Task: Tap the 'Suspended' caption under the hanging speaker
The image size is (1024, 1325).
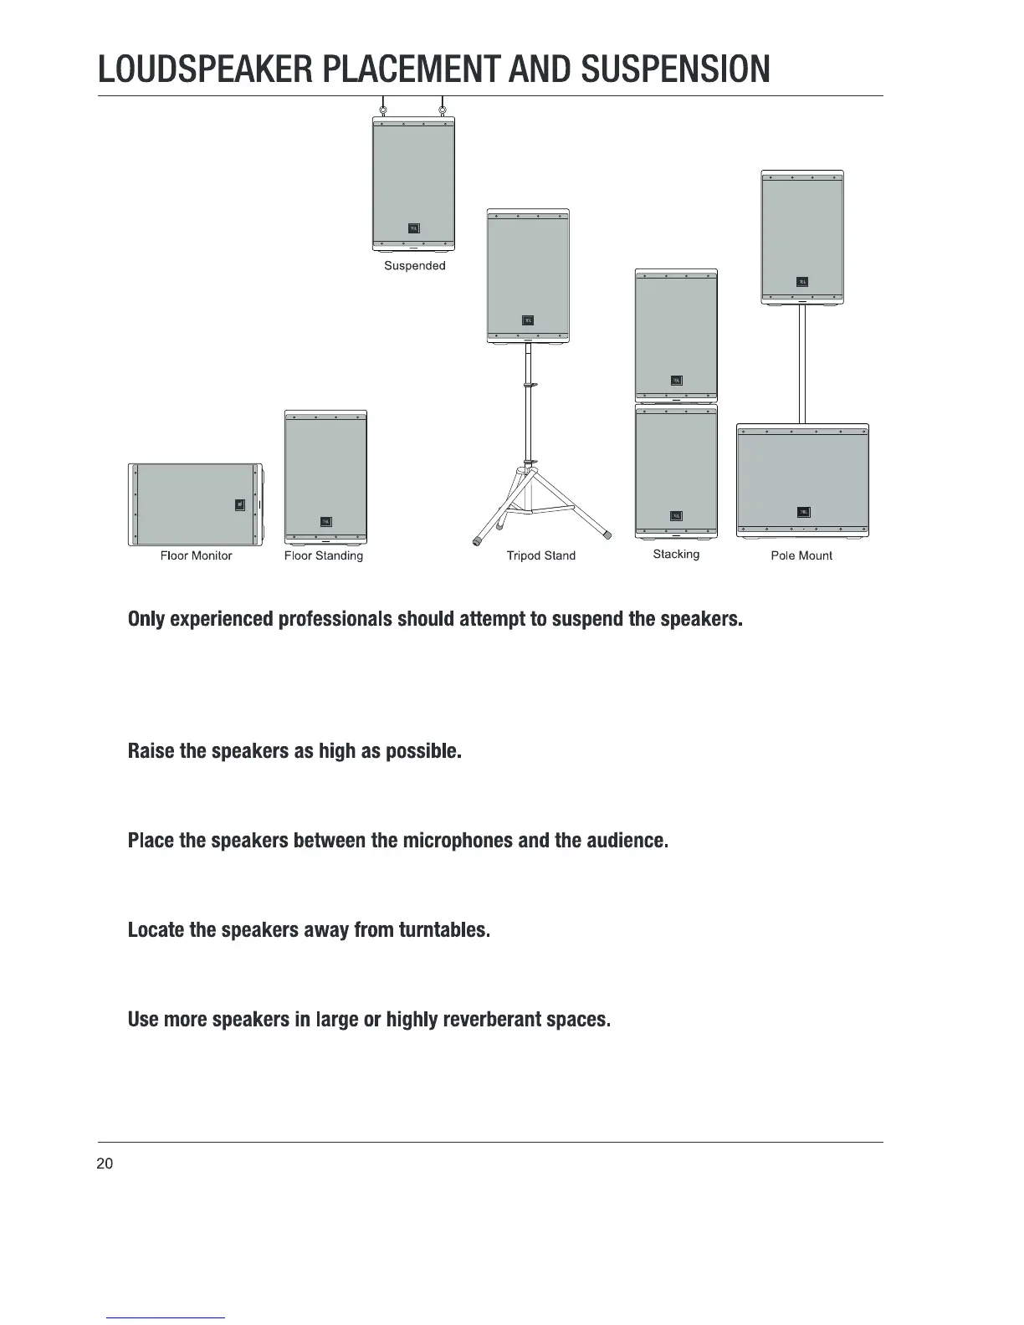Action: tap(414, 266)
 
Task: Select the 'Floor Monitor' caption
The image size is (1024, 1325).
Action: tap(196, 555)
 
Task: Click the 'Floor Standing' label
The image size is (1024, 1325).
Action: tap(324, 555)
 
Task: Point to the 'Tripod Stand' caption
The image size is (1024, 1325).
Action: tap(541, 555)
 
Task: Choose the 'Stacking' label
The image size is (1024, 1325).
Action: tap(676, 554)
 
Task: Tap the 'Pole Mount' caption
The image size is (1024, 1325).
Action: tap(801, 555)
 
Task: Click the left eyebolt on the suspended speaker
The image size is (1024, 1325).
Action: tap(383, 109)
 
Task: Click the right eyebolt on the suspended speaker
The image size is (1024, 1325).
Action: tap(443, 109)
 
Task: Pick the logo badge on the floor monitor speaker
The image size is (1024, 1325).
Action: tap(241, 504)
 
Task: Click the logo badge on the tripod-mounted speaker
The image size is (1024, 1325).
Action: tap(528, 320)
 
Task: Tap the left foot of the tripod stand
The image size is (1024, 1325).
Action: tap(478, 540)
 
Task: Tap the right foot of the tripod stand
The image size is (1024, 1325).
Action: tap(608, 535)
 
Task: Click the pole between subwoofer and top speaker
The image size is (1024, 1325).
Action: tap(802, 364)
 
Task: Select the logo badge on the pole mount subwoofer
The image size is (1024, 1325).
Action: tap(803, 513)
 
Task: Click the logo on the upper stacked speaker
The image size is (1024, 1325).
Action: tap(676, 381)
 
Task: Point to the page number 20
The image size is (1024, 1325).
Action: tap(105, 1164)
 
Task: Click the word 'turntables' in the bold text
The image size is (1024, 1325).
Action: tap(443, 930)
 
